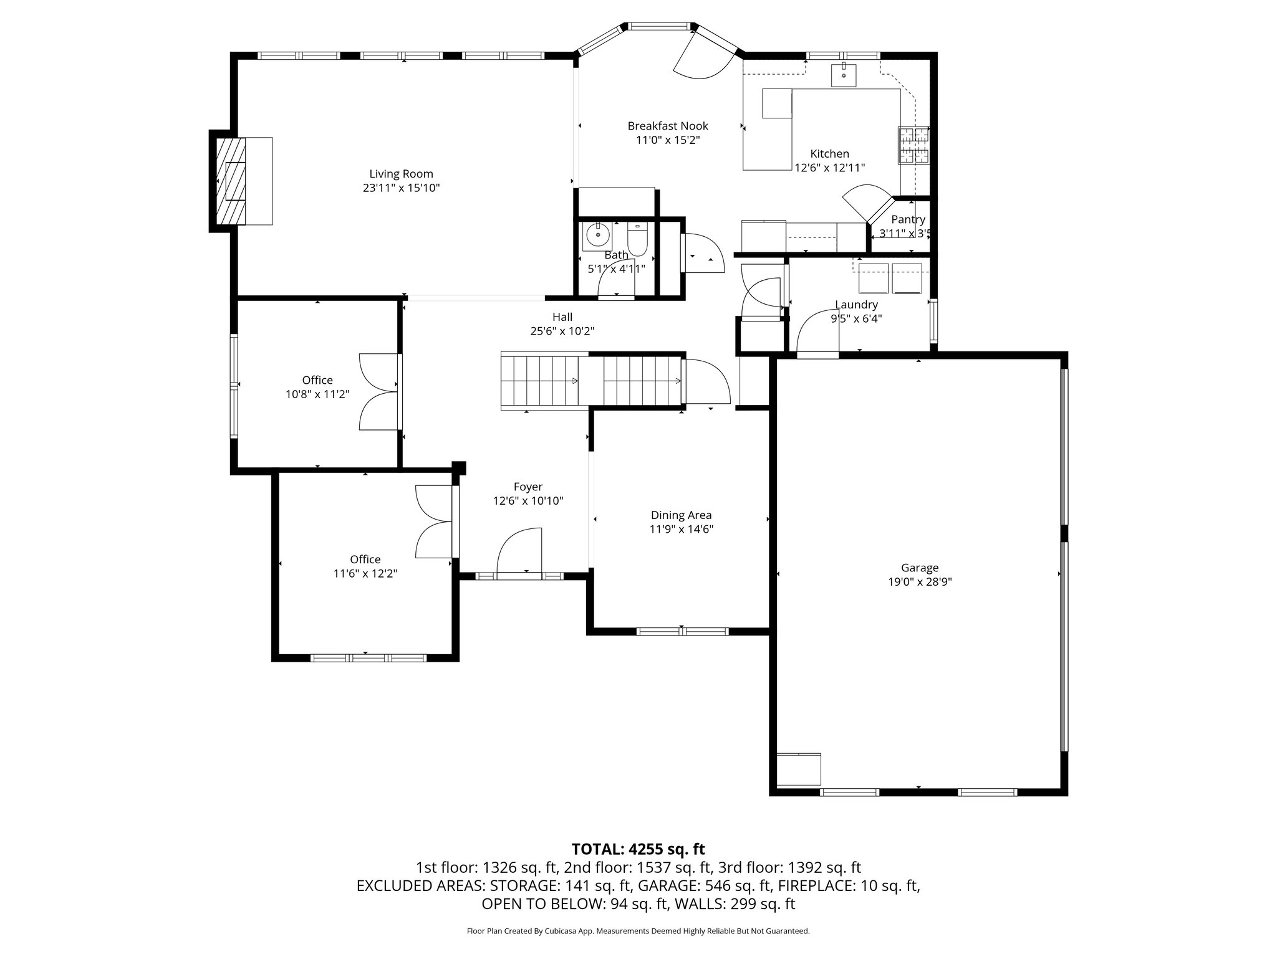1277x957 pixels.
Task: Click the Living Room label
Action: click(x=401, y=174)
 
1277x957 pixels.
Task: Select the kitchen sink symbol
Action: click(x=844, y=75)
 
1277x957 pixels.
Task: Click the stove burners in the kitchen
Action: click(x=913, y=145)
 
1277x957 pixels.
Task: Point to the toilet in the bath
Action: click(x=637, y=239)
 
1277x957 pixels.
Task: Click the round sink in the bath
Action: click(x=597, y=236)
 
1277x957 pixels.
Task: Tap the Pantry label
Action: click(x=908, y=219)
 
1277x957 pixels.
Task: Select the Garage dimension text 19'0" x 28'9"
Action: click(x=920, y=582)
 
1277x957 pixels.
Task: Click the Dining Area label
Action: click(x=681, y=515)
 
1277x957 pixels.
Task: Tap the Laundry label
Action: click(x=856, y=305)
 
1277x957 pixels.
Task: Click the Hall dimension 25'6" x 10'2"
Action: click(x=562, y=331)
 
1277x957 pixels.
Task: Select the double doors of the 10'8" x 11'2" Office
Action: click(x=379, y=392)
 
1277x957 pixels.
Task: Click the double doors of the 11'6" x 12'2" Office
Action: click(x=433, y=521)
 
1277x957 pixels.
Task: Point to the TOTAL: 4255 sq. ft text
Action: click(x=638, y=849)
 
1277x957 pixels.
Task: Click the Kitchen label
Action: click(x=829, y=154)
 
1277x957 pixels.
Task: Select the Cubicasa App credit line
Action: click(x=638, y=931)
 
